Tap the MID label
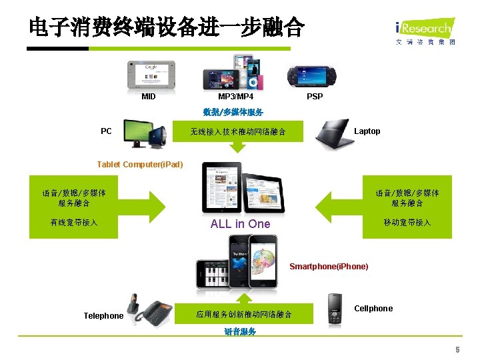149,97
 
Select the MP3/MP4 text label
236,97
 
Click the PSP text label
315,97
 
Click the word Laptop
367,131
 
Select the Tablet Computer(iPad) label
139,165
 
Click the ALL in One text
240,224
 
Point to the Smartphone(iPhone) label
329,267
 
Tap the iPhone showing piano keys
213,271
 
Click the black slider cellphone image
335,309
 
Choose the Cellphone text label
373,309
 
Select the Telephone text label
103,316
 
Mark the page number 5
457,350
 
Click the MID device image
151,75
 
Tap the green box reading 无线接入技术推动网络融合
238,132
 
